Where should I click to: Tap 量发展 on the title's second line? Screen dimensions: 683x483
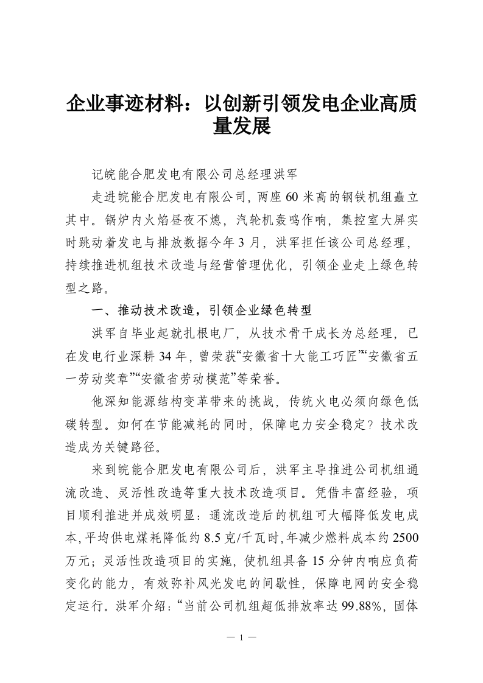click(x=241, y=127)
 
